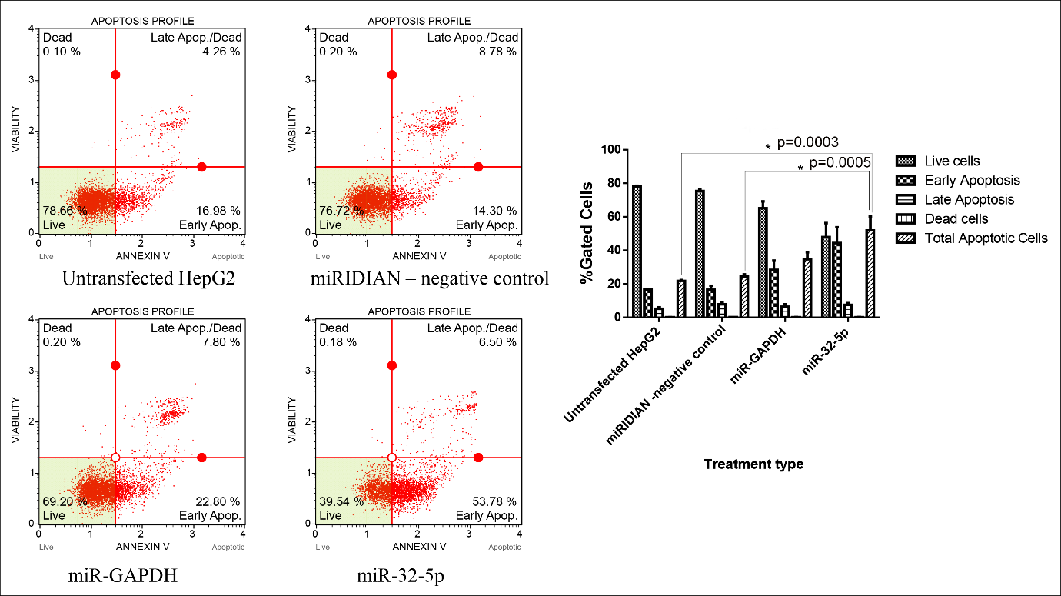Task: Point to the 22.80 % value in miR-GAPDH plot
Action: click(218, 501)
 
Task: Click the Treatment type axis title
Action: click(753, 464)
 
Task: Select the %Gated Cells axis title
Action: click(587, 233)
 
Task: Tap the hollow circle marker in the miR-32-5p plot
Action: click(392, 458)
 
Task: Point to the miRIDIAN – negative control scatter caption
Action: click(430, 278)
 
